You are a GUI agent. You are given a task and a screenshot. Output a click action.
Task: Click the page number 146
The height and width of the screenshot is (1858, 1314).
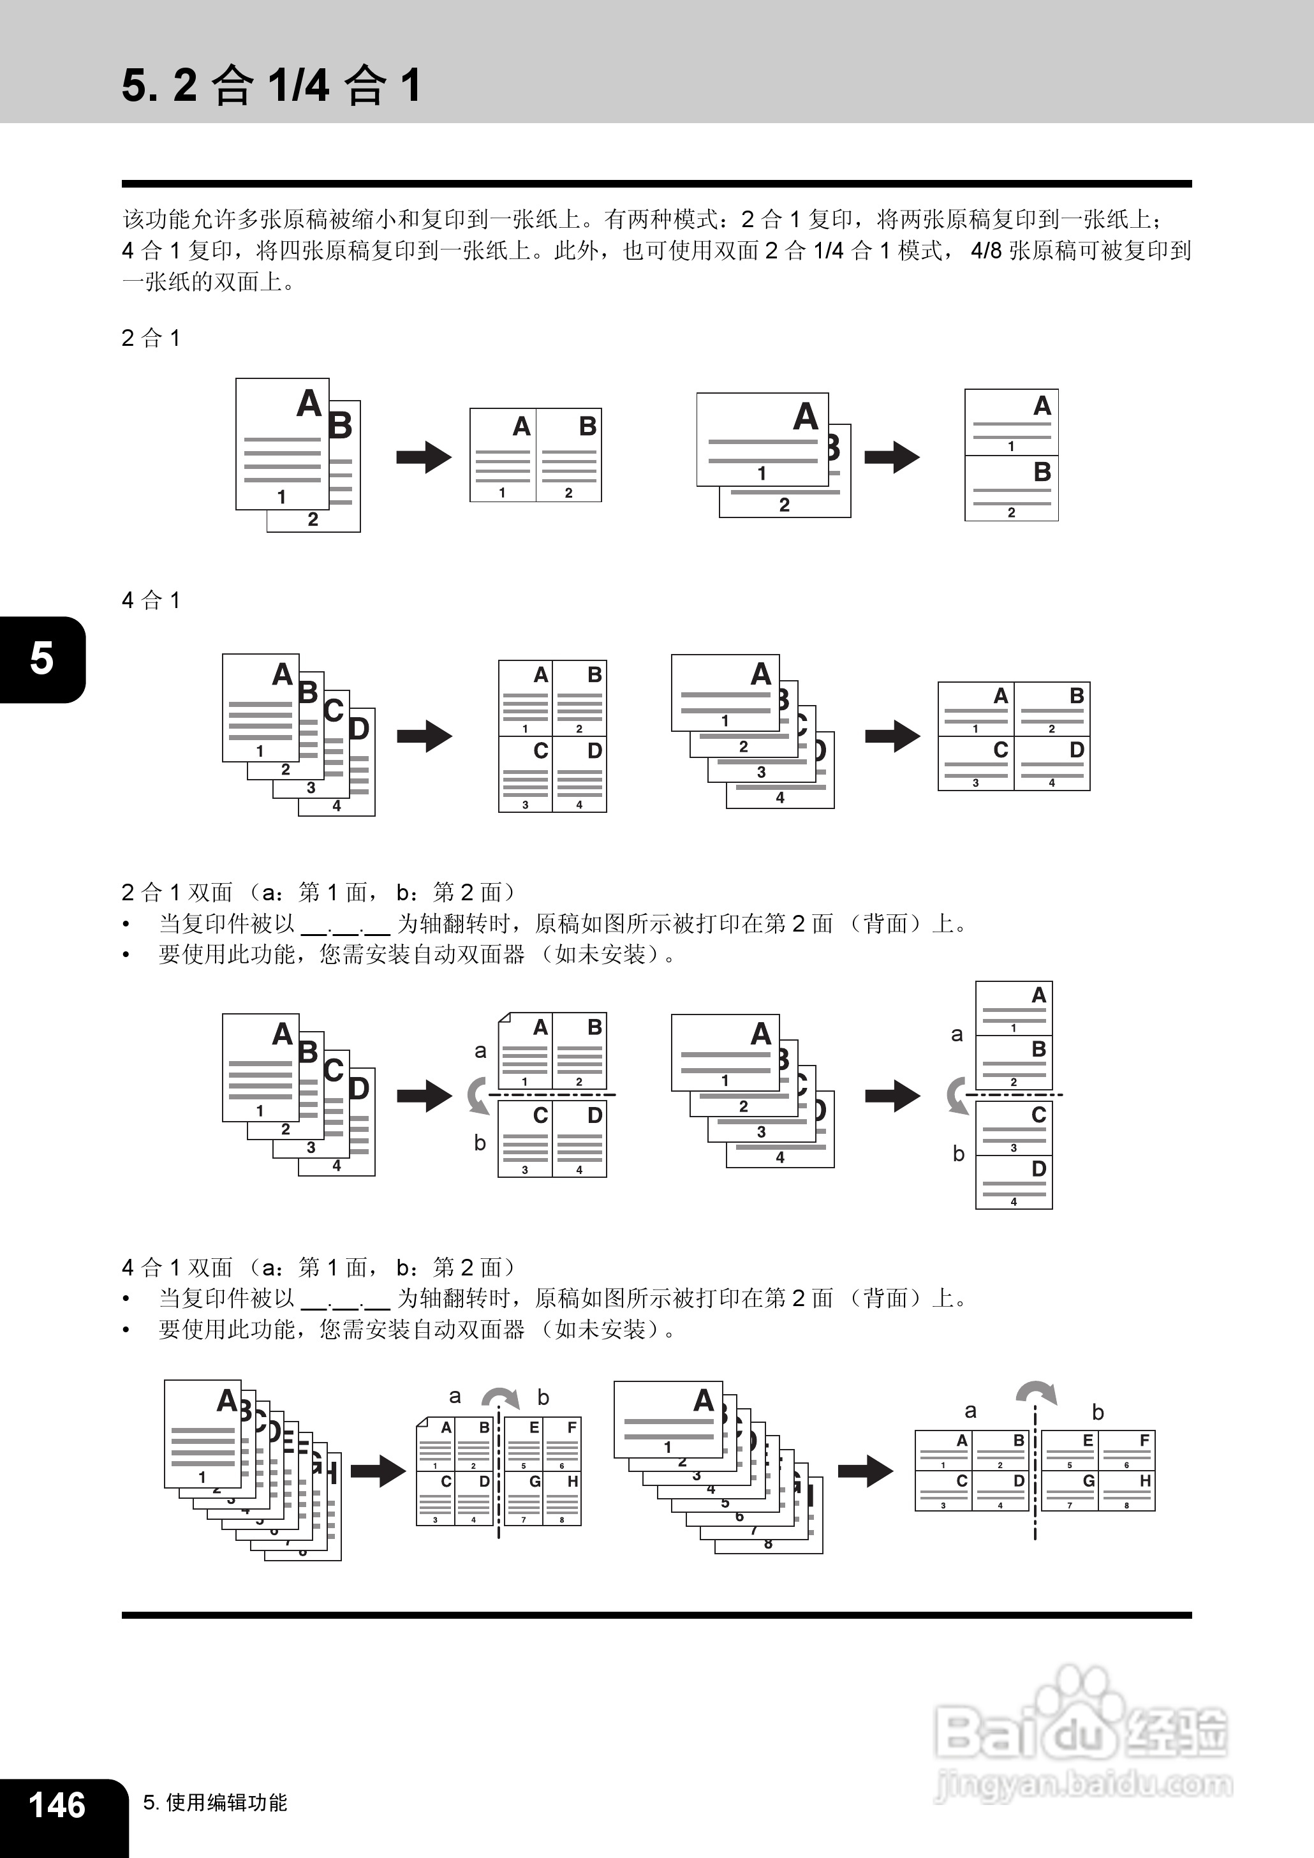click(x=57, y=1804)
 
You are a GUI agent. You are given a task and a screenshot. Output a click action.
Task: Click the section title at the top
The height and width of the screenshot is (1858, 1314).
click(x=271, y=85)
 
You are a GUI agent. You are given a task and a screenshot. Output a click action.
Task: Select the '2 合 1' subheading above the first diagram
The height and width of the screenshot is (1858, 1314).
click(x=151, y=338)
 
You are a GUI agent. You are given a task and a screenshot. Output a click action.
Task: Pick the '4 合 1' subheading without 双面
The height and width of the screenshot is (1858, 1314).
click(x=151, y=600)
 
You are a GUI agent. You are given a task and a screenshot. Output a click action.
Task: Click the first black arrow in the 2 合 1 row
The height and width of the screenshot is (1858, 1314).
click(x=424, y=457)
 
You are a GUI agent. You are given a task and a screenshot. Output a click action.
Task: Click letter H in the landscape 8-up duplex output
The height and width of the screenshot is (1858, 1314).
click(x=1145, y=1481)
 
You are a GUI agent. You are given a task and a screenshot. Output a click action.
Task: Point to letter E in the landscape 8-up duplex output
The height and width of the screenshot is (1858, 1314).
click(x=1088, y=1441)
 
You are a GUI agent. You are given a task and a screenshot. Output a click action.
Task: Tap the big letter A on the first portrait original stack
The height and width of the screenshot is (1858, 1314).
click(x=309, y=403)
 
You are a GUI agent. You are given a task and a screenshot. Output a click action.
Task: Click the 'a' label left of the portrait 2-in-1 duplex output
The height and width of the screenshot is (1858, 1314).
click(x=480, y=1052)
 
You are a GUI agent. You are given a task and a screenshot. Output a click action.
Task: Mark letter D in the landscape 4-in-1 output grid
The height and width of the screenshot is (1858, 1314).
click(x=1076, y=750)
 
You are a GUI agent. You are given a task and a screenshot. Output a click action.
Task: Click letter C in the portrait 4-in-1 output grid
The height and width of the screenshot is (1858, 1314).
click(x=540, y=751)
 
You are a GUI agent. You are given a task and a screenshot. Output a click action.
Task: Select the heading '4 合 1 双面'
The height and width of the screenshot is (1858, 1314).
click(x=177, y=1267)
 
